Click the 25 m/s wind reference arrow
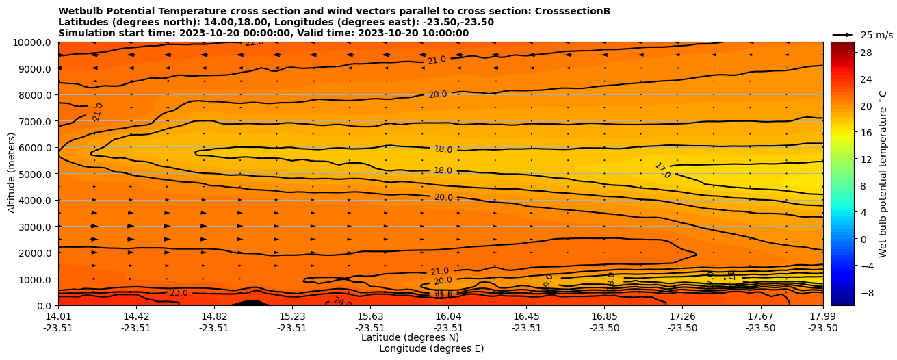(843, 34)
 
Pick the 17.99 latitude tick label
(822, 316)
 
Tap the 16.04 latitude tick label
(448, 316)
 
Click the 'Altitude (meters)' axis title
(12, 174)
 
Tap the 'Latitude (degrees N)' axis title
(410, 337)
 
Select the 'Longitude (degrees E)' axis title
(431, 348)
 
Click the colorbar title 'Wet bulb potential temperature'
(883, 174)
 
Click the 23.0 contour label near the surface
(179, 293)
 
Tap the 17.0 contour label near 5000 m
(662, 170)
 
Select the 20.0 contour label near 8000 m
(438, 94)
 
